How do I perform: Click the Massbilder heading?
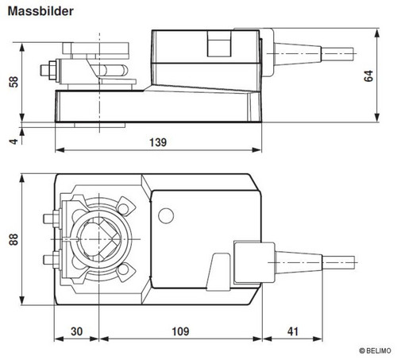coord(40,11)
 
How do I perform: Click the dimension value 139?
coord(158,142)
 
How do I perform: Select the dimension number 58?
coord(13,82)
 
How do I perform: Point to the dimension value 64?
coord(368,75)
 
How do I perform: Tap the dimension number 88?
coord(13,239)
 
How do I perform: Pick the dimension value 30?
coord(77,331)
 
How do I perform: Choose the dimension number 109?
coord(180,331)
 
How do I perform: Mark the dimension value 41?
coord(293,331)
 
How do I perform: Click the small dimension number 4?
coord(13,141)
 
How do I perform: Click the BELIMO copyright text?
coord(375,350)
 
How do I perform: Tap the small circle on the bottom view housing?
coord(166,215)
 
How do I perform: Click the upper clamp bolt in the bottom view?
coord(52,219)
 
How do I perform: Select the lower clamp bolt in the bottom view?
coord(52,260)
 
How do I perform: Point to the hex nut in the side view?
coord(52,70)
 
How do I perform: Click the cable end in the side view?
coord(337,54)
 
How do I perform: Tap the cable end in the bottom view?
coord(338,262)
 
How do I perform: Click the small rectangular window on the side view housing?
coord(219,44)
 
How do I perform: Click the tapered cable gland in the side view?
coord(298,54)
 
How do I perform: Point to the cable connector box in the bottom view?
coord(254,262)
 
